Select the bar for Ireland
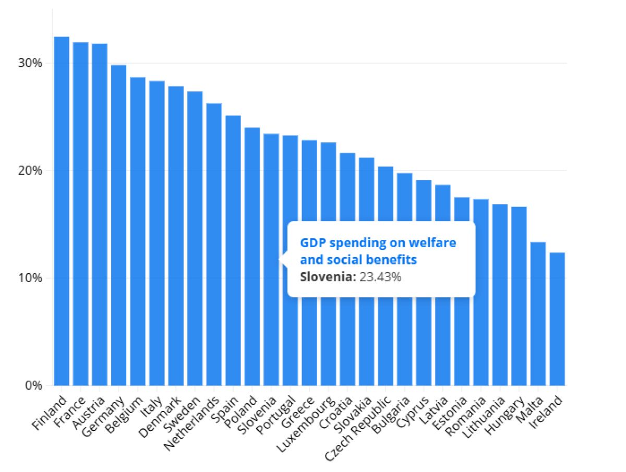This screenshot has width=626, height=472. tap(557, 319)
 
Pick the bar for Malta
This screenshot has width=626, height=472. tap(538, 313)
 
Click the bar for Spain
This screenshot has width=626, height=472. tap(233, 250)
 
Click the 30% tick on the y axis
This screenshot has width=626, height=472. tap(31, 63)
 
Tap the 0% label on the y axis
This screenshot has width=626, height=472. tap(34, 385)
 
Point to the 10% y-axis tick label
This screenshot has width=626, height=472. tap(31, 278)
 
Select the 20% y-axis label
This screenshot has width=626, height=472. tap(31, 171)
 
